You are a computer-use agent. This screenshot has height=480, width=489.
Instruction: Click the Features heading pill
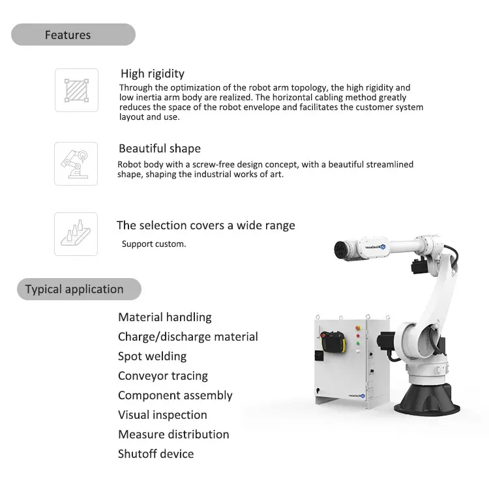73,35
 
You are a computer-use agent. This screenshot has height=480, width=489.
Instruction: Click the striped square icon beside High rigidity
76,90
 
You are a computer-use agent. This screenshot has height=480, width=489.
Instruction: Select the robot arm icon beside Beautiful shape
76,163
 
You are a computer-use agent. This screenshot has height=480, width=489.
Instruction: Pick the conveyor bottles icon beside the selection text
76,234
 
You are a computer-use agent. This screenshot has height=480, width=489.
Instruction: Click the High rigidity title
153,74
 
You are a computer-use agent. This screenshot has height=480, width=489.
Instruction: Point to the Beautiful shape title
160,148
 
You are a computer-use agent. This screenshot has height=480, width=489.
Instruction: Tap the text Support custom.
154,244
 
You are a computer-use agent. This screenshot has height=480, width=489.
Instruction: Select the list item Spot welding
152,356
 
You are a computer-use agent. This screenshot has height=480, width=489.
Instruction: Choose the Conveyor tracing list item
163,376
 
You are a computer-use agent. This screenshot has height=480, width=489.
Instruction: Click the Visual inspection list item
162,415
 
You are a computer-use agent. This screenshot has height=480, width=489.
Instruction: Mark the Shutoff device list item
156,454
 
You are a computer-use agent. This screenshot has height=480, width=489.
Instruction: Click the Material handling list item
165,317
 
